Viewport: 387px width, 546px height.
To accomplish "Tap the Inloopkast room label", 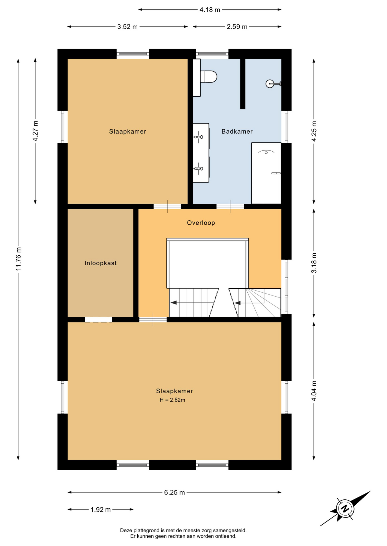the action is click(101, 263).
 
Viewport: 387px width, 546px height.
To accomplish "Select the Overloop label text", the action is click(201, 223).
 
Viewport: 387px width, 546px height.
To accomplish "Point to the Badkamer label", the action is click(237, 131).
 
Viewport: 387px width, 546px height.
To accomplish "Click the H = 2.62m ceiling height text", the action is click(172, 400).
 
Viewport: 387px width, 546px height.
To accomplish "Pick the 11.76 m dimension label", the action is click(18, 259).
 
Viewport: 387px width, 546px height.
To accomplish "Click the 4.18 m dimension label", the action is click(210, 10).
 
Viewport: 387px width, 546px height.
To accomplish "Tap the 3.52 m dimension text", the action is click(127, 27).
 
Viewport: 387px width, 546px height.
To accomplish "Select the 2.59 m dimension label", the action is click(237, 27).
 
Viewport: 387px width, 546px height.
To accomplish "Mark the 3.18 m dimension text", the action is click(314, 263).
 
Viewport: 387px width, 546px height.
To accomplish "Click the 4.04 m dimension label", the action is click(314, 391).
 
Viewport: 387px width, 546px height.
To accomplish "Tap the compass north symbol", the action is click(345, 508).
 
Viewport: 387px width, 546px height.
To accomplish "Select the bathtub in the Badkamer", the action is click(266, 173).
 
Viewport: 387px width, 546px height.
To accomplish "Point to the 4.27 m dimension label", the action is click(35, 131).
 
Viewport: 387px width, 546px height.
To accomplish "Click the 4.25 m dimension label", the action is click(314, 131).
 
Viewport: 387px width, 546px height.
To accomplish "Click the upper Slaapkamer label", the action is click(128, 131).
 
